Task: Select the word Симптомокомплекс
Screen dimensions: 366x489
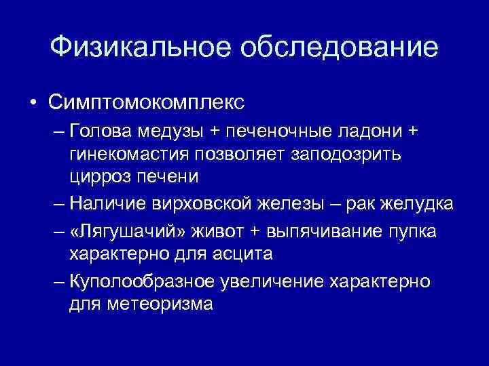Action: pyautogui.click(x=146, y=104)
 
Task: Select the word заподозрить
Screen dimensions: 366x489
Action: pyautogui.click(x=345, y=153)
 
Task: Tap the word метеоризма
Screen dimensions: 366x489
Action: pyautogui.click(x=160, y=304)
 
